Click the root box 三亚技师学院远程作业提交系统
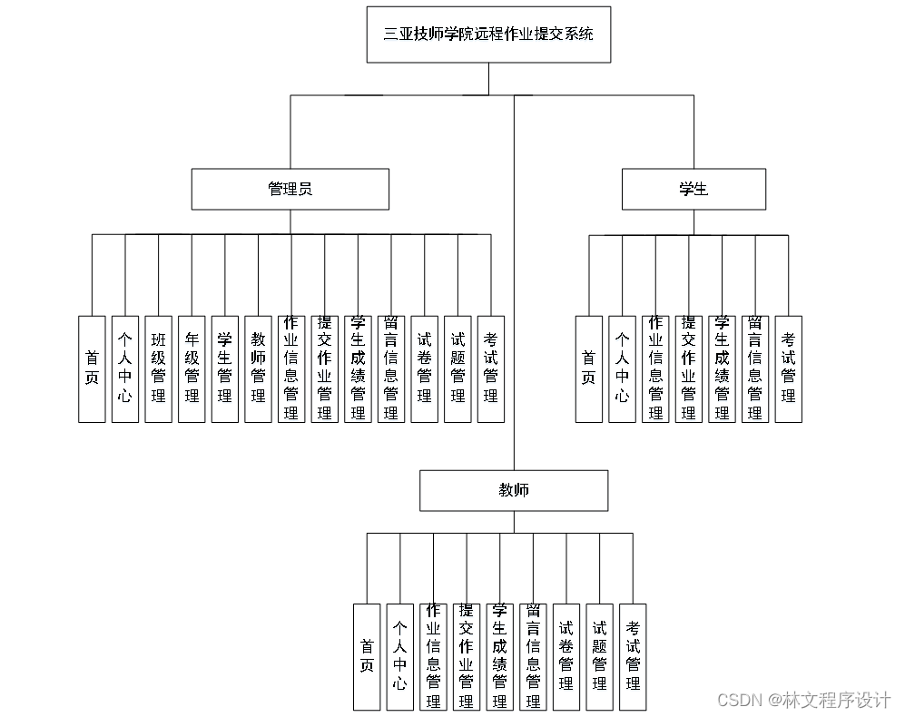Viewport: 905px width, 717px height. pos(488,34)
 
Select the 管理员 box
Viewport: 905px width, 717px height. pos(290,189)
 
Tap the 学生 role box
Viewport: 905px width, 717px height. pos(694,189)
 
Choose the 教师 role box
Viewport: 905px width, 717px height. pos(514,490)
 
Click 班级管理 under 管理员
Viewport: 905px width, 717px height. pos(159,368)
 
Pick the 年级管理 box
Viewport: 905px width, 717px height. pos(192,368)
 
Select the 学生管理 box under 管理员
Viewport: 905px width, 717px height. pos(225,368)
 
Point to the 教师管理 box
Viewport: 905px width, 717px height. pos(258,368)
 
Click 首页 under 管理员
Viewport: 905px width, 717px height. pos(92,368)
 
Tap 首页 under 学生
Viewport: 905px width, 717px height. pos(589,368)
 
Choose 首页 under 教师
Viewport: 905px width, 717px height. pos(367,656)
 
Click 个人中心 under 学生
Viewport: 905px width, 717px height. pos(622,368)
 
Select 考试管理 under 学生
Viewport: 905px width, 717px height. pos(788,368)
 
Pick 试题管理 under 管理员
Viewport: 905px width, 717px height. pos(457,368)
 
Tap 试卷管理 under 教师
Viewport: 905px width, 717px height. pos(566,656)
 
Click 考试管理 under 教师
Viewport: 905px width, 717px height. pos(633,656)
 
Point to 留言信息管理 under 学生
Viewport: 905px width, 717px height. pos(755,368)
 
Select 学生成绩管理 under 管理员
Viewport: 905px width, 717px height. pos(358,368)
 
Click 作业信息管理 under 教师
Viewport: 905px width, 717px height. pos(433,656)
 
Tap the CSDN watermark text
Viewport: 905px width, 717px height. pos(803,700)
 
